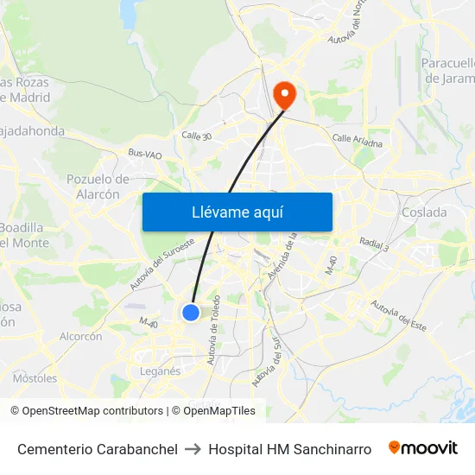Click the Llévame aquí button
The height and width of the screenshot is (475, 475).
(x=237, y=212)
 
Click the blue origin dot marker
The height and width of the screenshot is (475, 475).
(x=191, y=312)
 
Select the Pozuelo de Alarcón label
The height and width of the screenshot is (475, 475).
(x=98, y=187)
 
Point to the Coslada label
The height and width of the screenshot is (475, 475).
(x=425, y=212)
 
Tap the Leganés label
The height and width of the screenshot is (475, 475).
(x=160, y=371)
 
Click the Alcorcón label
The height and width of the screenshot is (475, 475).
(x=81, y=336)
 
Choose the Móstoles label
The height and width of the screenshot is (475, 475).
(x=35, y=378)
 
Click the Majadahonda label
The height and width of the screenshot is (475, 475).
(x=33, y=131)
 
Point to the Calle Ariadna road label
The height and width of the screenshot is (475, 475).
(x=357, y=140)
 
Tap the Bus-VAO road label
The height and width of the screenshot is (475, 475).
(x=144, y=155)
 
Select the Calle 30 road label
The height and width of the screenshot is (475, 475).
(x=197, y=136)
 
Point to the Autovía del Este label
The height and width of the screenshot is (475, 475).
(x=398, y=315)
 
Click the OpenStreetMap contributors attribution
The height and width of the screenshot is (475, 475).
(x=92, y=411)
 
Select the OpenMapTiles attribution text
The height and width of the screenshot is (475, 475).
(x=218, y=411)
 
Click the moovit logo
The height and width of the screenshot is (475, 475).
(x=423, y=448)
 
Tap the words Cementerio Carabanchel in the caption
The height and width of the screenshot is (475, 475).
(x=98, y=449)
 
